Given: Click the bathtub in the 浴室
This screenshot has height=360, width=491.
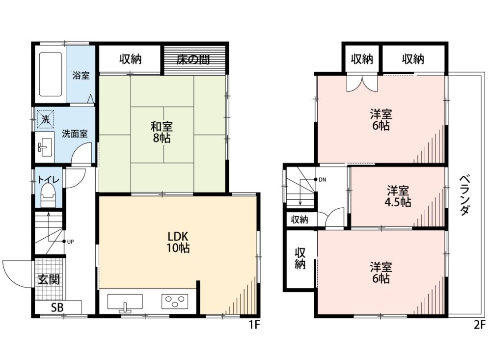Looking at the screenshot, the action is point(50,74).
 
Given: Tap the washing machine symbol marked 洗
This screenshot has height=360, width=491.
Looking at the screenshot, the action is point(46,119).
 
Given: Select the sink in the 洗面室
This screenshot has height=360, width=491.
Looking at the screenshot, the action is point(44,147).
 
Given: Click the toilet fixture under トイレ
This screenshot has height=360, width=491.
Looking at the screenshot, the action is point(48,195).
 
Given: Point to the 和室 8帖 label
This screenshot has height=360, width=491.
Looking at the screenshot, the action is point(162,132).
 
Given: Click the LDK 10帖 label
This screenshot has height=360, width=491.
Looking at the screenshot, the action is point(178,242).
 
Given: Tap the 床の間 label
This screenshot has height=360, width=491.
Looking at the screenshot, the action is point(193,59).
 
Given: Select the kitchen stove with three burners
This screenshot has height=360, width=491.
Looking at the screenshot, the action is point(174,301).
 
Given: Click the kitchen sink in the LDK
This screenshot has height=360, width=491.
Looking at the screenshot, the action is point(125,303).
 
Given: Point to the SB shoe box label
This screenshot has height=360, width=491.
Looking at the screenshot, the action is point(57,307).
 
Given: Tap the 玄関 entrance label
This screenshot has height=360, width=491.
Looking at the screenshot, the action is point(49,279).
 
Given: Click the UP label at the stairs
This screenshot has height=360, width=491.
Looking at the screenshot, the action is point(70,242).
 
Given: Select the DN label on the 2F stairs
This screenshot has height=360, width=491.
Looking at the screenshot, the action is point(322,180).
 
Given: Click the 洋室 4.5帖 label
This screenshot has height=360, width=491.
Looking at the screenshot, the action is point(397,197).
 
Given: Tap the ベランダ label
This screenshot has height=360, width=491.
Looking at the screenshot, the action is point(464,195).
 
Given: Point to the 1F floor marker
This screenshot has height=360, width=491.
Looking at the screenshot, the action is point(254,325).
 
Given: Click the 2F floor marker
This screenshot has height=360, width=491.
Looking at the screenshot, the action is point(479,325).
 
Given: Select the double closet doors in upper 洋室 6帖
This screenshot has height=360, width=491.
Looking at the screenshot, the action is point(362,83).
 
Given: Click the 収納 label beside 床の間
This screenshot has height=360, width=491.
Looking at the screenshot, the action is point(130,59).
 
